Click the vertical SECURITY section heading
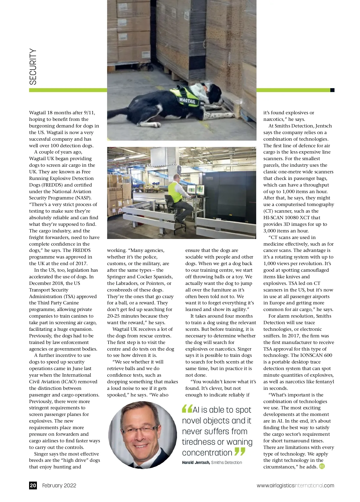[x=33, y=67]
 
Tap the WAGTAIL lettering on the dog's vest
[x=187, y=100]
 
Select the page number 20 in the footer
[x=33, y=485]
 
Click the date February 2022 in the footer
[x=59, y=486]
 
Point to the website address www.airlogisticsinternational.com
[x=295, y=486]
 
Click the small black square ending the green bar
[x=332, y=90]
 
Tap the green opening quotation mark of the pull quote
[x=187, y=409]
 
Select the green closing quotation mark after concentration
[x=240, y=451]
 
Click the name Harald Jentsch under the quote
[x=196, y=462]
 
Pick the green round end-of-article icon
[x=322, y=466]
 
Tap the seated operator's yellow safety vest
[x=175, y=192]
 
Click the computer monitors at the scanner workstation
[x=196, y=190]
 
